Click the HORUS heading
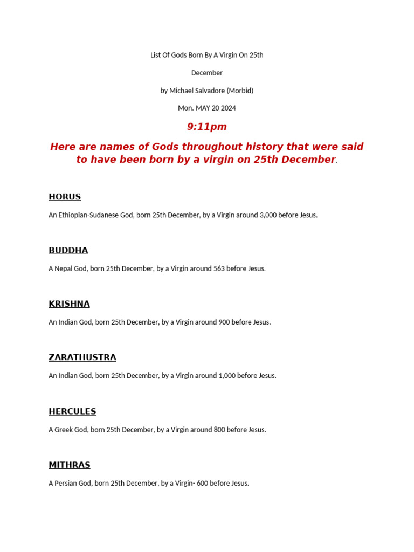pos(65,197)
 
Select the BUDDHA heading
pos(68,250)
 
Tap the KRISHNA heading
pos(69,304)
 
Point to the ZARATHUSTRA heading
pos(82,357)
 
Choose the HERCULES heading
pos(72,411)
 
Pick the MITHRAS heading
pos(70,465)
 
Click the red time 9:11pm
pos(207,127)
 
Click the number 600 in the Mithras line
pos(202,484)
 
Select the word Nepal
pos(64,268)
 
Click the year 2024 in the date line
pos(228,108)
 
